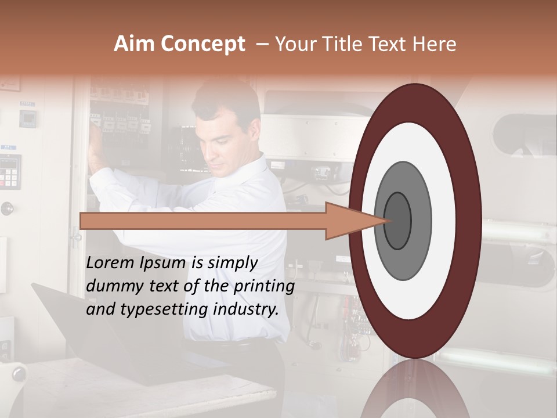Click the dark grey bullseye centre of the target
[397, 221]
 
